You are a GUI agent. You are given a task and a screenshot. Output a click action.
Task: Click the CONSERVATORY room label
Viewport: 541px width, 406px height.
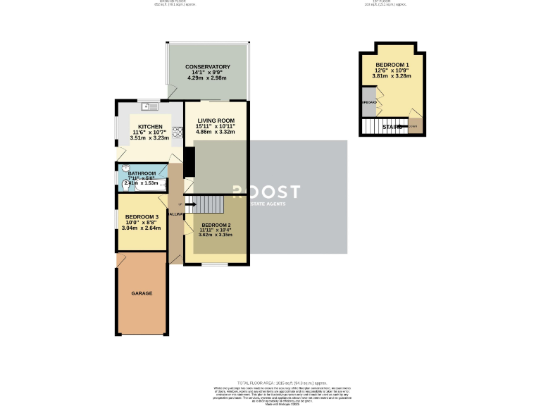coord(208,66)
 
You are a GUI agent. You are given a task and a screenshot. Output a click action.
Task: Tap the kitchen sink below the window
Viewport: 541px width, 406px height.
coord(149,107)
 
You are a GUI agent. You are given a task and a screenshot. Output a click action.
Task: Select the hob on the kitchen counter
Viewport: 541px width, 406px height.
coord(178,130)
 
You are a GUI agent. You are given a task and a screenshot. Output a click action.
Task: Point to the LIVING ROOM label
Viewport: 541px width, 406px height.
coord(216,121)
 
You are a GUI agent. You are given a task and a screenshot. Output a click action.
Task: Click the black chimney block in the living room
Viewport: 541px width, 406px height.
coord(189,162)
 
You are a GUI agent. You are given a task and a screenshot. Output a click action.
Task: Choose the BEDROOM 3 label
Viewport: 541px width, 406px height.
coord(142,216)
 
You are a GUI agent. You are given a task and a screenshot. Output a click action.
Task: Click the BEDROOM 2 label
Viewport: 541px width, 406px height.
coord(216,225)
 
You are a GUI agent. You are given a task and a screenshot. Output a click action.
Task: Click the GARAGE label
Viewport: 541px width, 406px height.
coord(141,293)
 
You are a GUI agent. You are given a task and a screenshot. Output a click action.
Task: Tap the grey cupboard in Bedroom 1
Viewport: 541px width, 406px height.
coord(368,101)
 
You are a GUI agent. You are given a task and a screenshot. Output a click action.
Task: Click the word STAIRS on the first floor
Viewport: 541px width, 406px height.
coord(392,127)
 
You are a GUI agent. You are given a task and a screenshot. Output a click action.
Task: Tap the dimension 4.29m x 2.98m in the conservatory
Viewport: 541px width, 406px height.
coord(208,78)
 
